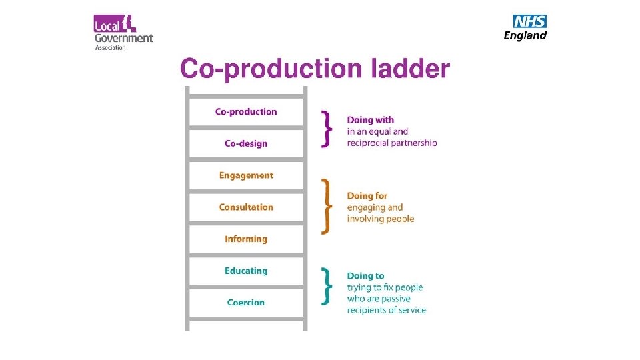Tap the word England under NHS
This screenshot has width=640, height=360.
pyautogui.click(x=525, y=35)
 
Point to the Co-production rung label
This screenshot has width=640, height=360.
pyautogui.click(x=246, y=111)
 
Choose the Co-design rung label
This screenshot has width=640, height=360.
pyautogui.click(x=246, y=143)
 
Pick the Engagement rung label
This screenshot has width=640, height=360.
pyautogui.click(x=246, y=175)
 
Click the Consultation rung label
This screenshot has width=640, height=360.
pyautogui.click(x=246, y=207)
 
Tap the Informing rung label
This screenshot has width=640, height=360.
pyautogui.click(x=246, y=239)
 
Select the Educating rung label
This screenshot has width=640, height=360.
pyautogui.click(x=246, y=271)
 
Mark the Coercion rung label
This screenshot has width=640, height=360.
pyautogui.click(x=246, y=302)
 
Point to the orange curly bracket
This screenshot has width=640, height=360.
pyautogui.click(x=326, y=206)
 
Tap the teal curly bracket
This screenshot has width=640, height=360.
pyautogui.click(x=326, y=286)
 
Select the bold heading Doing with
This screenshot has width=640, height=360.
pyautogui.click(x=370, y=120)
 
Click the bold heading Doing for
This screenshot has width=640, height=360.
pyautogui.click(x=367, y=196)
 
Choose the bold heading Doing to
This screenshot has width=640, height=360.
pyautogui.click(x=365, y=275)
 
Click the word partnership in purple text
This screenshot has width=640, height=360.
pyautogui.click(x=413, y=143)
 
